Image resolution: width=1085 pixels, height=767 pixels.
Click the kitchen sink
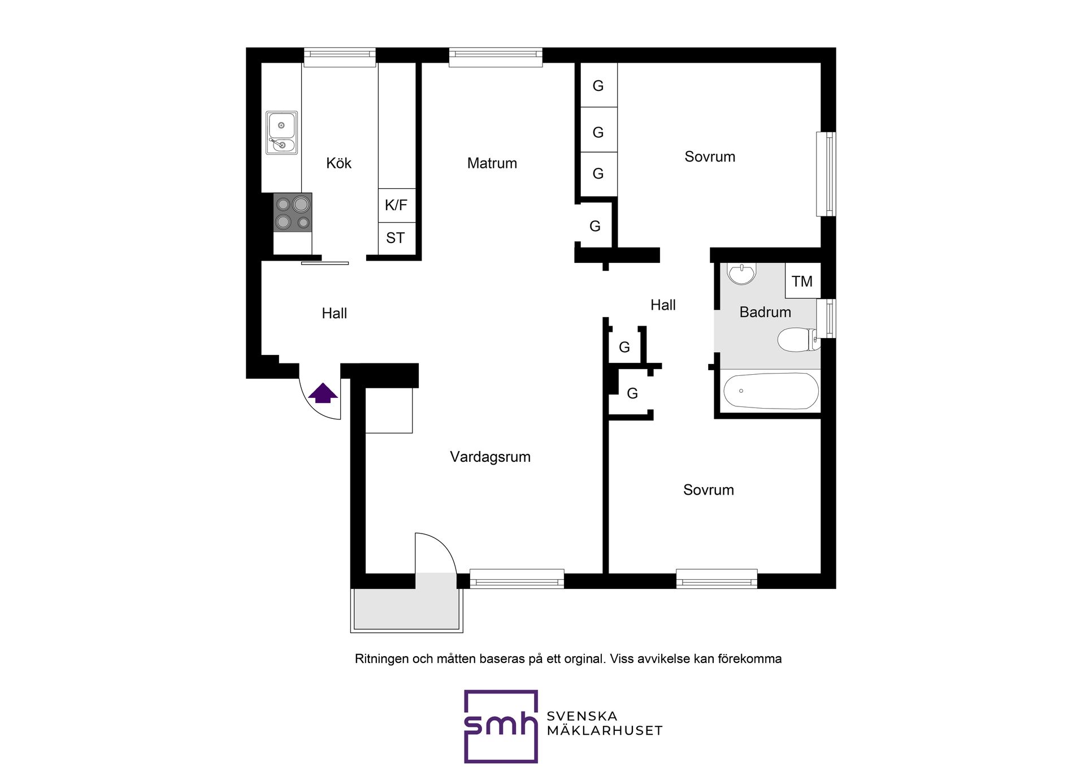click(x=281, y=133)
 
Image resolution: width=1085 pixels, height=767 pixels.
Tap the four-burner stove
click(x=293, y=213)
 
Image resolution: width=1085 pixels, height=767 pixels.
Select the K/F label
click(x=396, y=205)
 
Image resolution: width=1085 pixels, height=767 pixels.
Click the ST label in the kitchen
click(x=396, y=238)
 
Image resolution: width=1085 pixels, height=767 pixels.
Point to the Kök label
click(x=339, y=163)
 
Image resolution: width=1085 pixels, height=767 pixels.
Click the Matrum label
click(x=492, y=163)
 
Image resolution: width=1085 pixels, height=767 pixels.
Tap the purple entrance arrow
click(x=323, y=393)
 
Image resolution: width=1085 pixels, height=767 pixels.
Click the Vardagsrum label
click(x=491, y=457)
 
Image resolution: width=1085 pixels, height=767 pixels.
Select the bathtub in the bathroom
click(x=771, y=391)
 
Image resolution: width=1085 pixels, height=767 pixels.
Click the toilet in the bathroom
click(x=798, y=340)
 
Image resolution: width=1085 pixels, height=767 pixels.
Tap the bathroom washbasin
click(x=741, y=274)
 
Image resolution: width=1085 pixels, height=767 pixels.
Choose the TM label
click(x=802, y=281)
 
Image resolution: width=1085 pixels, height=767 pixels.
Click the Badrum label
click(x=765, y=312)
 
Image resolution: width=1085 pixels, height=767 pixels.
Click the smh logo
click(x=501, y=726)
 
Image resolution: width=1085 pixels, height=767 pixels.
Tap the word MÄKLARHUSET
click(x=605, y=731)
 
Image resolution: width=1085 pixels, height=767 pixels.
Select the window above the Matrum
click(x=496, y=57)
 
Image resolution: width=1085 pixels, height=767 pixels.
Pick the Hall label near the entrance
click(x=335, y=313)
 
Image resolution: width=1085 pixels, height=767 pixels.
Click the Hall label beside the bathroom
click(x=663, y=305)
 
